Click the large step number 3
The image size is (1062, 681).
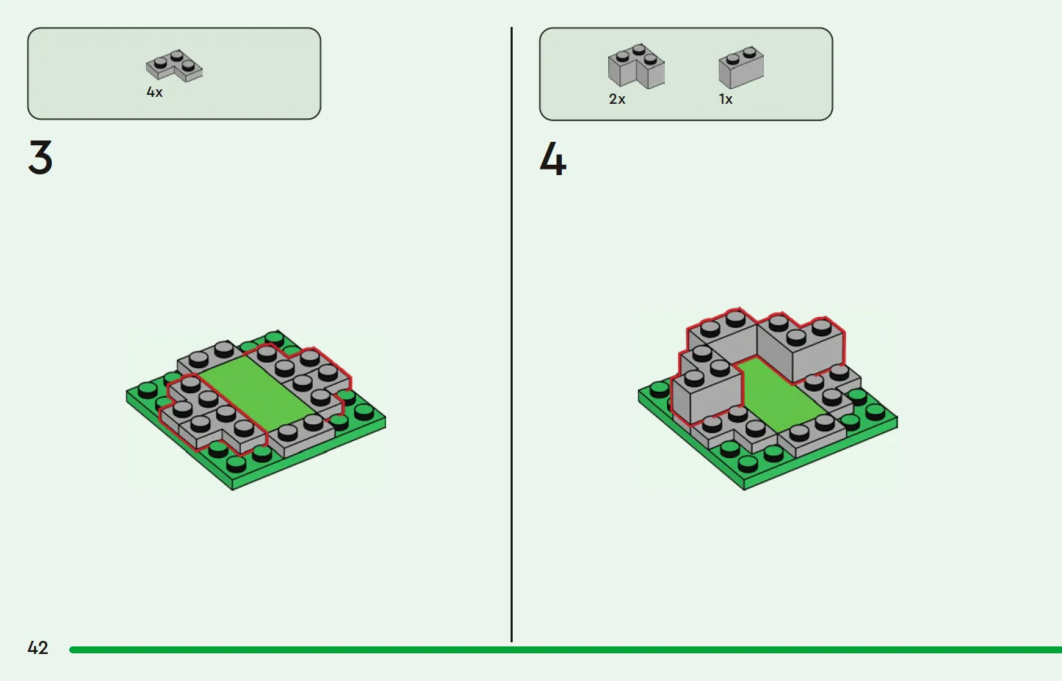(x=40, y=157)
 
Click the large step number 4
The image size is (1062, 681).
(x=553, y=159)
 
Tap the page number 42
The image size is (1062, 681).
(x=38, y=648)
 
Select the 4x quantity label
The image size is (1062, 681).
(x=154, y=92)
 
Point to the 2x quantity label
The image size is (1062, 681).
(x=617, y=99)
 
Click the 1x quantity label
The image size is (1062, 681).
(x=726, y=99)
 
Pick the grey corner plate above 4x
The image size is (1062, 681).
(x=174, y=66)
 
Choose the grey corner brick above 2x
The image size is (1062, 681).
(x=637, y=66)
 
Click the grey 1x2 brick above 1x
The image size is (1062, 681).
(x=741, y=67)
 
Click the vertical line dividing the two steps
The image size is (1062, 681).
(x=511, y=334)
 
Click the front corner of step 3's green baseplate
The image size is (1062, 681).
(x=232, y=489)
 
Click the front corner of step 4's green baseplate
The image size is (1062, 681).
(x=744, y=489)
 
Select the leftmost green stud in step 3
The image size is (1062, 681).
(x=148, y=390)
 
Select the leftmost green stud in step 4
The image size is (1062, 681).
(x=659, y=390)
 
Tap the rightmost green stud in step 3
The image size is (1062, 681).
(x=364, y=412)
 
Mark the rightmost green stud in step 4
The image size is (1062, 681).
(x=875, y=412)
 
